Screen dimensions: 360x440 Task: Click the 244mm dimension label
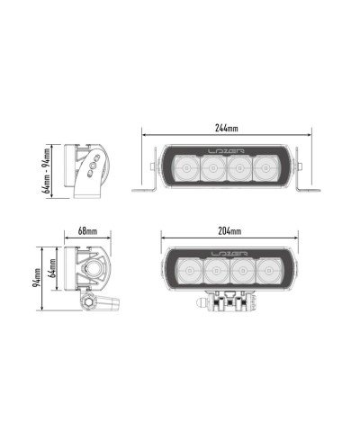(x=227, y=128)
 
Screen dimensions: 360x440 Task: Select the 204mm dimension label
(x=229, y=231)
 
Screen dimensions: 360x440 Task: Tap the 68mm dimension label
(x=87, y=231)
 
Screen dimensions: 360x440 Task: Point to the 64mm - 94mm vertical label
(x=47, y=171)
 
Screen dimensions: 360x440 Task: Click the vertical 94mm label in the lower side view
(x=37, y=277)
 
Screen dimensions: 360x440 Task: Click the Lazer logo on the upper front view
(x=227, y=151)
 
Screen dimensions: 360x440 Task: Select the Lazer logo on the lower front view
(x=229, y=254)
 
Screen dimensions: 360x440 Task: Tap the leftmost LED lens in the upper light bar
(x=186, y=168)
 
